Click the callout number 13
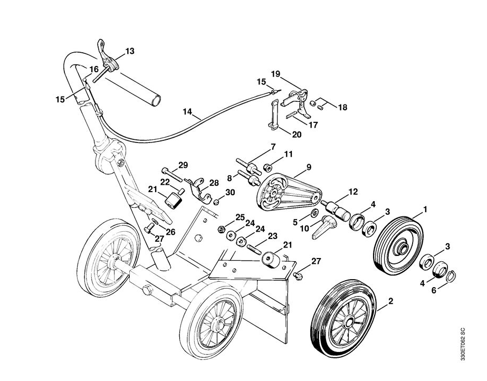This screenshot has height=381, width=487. pyautogui.click(x=129, y=51)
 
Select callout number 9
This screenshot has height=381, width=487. pyautogui.click(x=309, y=167)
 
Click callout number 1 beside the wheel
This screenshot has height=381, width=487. pyautogui.click(x=425, y=209)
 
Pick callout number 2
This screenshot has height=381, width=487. pyautogui.click(x=391, y=302)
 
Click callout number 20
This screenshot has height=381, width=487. pyautogui.click(x=297, y=134)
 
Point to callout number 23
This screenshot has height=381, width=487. pyautogui.click(x=272, y=236)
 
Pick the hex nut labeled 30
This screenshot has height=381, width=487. pyautogui.click(x=216, y=202)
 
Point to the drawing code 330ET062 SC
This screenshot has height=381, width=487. pyautogui.click(x=462, y=345)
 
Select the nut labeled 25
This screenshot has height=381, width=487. pyautogui.click(x=222, y=229)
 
